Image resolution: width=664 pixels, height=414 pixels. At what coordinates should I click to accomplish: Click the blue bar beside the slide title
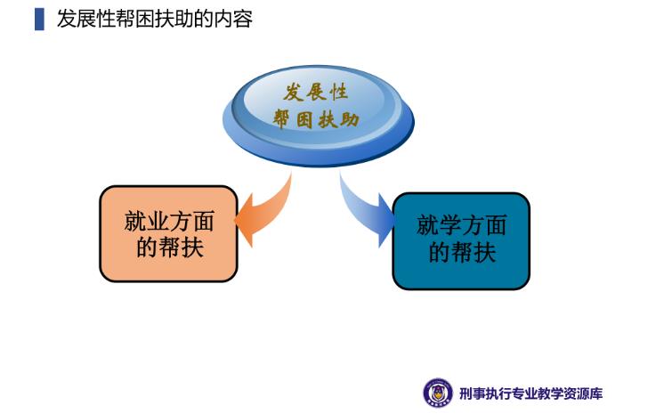(x=39, y=20)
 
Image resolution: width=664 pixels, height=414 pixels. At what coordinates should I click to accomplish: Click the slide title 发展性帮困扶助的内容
(x=155, y=20)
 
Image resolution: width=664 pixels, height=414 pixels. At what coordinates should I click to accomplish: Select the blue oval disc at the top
(x=319, y=115)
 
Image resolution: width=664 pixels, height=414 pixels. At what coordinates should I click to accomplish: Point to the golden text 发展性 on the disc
(x=315, y=92)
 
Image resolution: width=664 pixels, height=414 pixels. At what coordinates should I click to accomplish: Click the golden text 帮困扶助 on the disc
(x=315, y=119)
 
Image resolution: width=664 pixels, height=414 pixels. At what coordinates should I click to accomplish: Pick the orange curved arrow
(x=264, y=212)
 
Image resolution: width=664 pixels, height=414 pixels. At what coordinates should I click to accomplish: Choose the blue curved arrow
(x=368, y=212)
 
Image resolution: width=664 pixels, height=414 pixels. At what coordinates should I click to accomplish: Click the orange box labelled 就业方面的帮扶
(x=168, y=233)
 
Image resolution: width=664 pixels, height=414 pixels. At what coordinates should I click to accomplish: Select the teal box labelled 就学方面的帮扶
(x=461, y=241)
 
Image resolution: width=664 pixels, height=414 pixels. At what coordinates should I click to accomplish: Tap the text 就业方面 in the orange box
(x=169, y=221)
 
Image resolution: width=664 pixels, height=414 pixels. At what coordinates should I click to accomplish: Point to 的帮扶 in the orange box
(x=170, y=247)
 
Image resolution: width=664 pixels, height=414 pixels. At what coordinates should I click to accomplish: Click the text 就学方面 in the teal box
(x=462, y=225)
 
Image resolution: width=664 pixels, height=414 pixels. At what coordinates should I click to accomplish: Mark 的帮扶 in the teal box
(x=462, y=252)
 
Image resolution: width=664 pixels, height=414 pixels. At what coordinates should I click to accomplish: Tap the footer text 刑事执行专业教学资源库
(x=530, y=394)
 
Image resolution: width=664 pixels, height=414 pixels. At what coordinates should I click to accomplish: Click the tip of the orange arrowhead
(x=235, y=220)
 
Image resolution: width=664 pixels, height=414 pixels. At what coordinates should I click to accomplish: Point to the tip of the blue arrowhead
(x=395, y=220)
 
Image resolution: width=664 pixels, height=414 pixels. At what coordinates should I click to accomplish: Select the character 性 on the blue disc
(x=339, y=92)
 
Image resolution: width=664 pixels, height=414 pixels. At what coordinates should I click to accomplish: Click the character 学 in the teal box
(x=450, y=225)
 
